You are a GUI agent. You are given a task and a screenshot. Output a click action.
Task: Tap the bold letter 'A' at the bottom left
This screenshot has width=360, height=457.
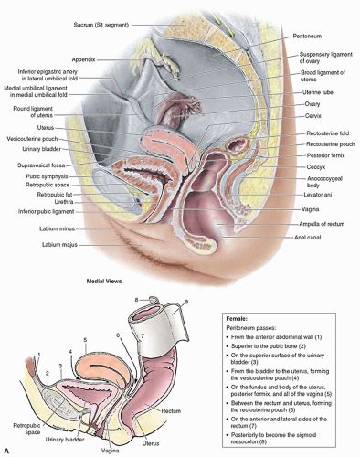point(7,451)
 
